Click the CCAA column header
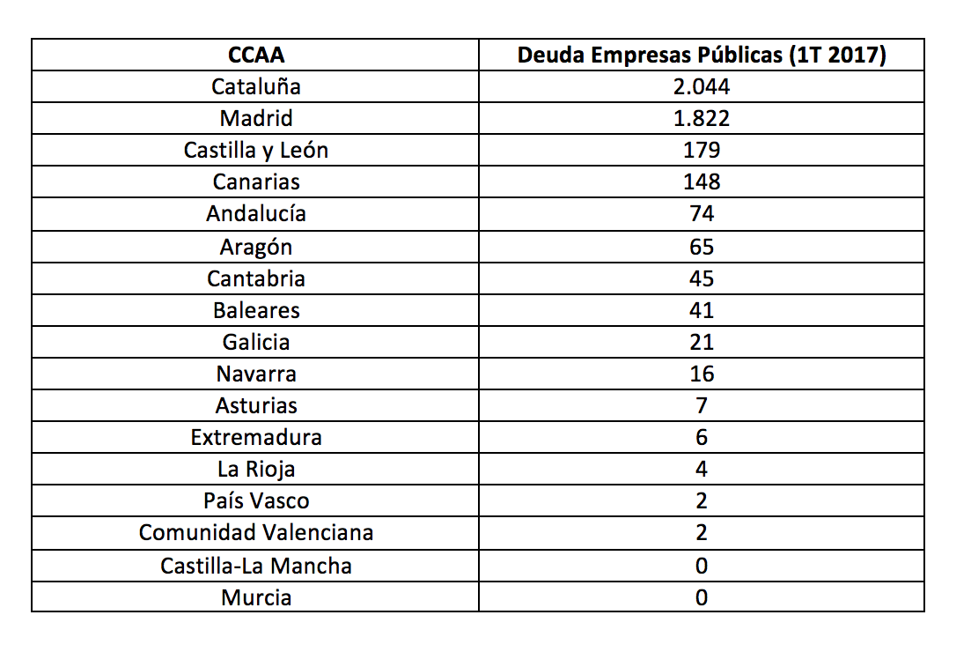(x=256, y=55)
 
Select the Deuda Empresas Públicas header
(x=702, y=55)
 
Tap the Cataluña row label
(x=256, y=86)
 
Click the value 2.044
(x=702, y=86)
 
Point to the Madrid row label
(x=256, y=118)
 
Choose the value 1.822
(x=702, y=118)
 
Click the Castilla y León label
(x=256, y=150)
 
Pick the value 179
(x=702, y=150)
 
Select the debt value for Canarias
(x=702, y=182)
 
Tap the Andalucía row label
(x=256, y=213)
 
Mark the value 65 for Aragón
(x=702, y=246)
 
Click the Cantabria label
(x=256, y=278)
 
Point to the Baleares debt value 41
(x=702, y=310)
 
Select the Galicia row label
(x=256, y=342)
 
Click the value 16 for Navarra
(x=702, y=374)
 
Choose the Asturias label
(x=256, y=405)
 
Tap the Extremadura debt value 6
(x=702, y=437)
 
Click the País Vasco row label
(x=256, y=500)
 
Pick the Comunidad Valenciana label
(x=256, y=532)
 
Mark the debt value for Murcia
(x=702, y=597)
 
